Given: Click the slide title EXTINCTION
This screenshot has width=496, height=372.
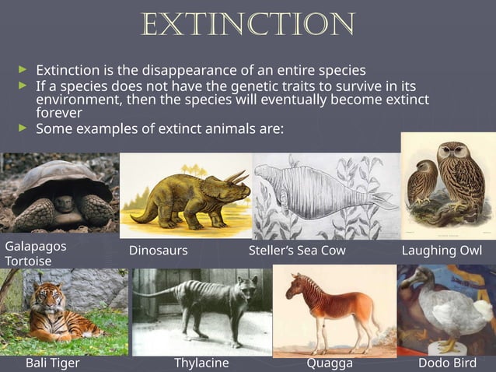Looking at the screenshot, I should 248,25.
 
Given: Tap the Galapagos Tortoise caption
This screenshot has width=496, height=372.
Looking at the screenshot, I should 36,253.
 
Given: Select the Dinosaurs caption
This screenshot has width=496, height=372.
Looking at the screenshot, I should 158,251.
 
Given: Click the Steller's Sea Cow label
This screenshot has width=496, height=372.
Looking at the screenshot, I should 297,251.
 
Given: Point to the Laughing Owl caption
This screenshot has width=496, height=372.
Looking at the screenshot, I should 442,251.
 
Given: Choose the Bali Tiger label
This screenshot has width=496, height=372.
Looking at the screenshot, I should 52,363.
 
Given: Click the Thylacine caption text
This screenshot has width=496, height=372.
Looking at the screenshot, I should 201,363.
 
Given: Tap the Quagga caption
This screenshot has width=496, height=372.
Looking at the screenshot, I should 330,363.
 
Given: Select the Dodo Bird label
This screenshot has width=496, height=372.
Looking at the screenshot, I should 447,363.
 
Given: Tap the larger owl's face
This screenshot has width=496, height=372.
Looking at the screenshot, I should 455,156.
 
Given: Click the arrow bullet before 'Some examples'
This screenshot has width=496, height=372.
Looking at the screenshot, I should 23,127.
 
